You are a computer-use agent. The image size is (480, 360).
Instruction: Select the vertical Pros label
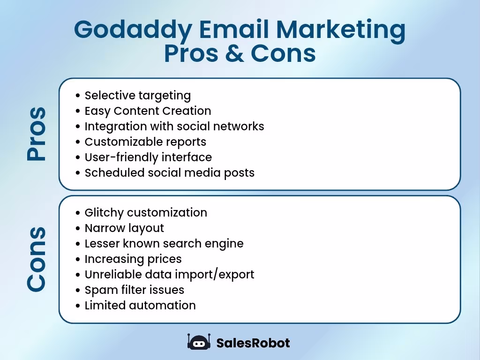(37, 134)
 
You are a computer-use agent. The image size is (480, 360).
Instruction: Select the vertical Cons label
(37, 259)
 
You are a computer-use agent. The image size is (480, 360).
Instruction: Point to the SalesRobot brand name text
(253, 343)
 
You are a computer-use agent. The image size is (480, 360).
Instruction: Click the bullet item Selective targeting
(137, 96)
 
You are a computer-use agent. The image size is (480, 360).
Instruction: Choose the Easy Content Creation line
(148, 111)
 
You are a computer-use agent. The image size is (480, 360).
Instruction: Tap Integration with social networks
(174, 127)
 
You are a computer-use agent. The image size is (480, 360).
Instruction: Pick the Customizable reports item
(145, 142)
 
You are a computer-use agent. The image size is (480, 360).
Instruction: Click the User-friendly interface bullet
(148, 157)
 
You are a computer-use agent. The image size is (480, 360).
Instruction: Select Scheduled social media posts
(169, 172)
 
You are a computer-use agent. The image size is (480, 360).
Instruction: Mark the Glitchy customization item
(146, 212)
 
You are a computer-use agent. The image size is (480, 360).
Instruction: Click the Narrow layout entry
(124, 228)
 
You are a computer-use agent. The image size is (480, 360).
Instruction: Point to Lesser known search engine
(164, 243)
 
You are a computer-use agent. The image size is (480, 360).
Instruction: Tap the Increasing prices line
(133, 259)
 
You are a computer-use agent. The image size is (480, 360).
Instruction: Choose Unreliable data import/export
(169, 274)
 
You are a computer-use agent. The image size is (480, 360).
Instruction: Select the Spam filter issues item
(134, 290)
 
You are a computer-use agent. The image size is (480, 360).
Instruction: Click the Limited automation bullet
(140, 305)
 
